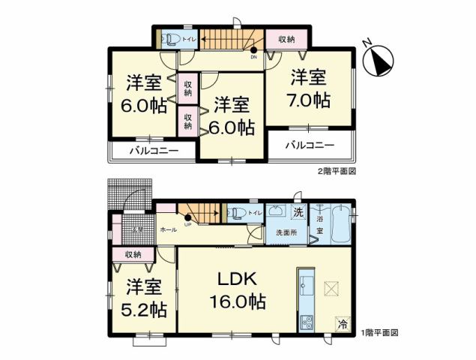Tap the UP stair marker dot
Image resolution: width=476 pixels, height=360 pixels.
pyautogui.click(x=187, y=218)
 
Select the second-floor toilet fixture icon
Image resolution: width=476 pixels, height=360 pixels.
pyautogui.click(x=169, y=37)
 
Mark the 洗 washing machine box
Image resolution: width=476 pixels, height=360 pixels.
pyautogui.click(x=298, y=212)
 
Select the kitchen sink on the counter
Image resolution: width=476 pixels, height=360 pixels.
pyautogui.click(x=307, y=287)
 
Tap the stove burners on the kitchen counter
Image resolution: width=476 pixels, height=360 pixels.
pyautogui.click(x=307, y=322)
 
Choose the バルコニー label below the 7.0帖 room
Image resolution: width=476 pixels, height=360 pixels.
pyautogui.click(x=307, y=145)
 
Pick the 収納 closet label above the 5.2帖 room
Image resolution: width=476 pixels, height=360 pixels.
pyautogui.click(x=133, y=255)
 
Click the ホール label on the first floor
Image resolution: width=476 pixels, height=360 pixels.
pyautogui.click(x=168, y=229)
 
